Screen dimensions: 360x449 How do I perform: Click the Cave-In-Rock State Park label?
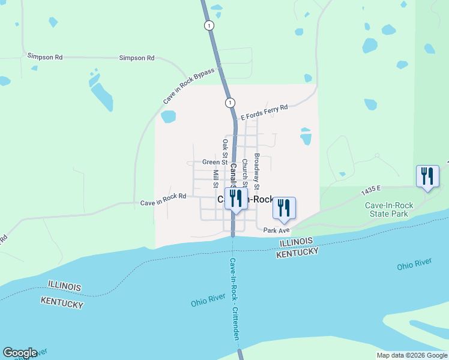coord(387,209)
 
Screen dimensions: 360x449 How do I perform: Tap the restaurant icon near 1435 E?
coord(427,176)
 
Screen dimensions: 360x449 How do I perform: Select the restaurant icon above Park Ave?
coord(284,208)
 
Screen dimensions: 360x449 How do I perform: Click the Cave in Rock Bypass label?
coord(188,90)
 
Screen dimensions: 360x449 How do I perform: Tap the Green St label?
coord(214,162)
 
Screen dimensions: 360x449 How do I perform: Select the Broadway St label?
coord(256,164)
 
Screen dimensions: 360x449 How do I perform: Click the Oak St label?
coord(225,149)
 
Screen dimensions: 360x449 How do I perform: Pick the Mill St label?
coord(215,178)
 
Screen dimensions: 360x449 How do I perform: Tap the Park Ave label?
coord(276,230)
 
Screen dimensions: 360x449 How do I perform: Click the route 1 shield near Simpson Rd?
coord(208,25)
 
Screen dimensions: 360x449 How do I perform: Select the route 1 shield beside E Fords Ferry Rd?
coord(230,103)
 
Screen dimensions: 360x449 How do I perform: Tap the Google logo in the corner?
coord(19,353)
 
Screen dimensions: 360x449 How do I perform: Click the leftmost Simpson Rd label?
coord(45,56)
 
